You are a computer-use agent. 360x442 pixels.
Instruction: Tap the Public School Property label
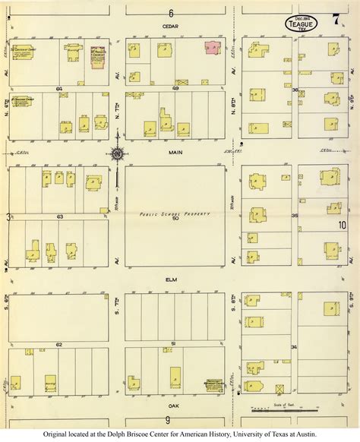click(x=174, y=213)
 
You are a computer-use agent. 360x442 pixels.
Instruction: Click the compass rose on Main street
click(x=118, y=155)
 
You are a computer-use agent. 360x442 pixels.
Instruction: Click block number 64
click(x=58, y=88)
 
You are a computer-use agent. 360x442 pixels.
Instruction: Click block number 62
click(x=58, y=344)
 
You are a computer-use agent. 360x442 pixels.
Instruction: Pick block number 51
click(x=174, y=344)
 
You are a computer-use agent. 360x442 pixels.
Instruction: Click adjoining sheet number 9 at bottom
click(x=166, y=419)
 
